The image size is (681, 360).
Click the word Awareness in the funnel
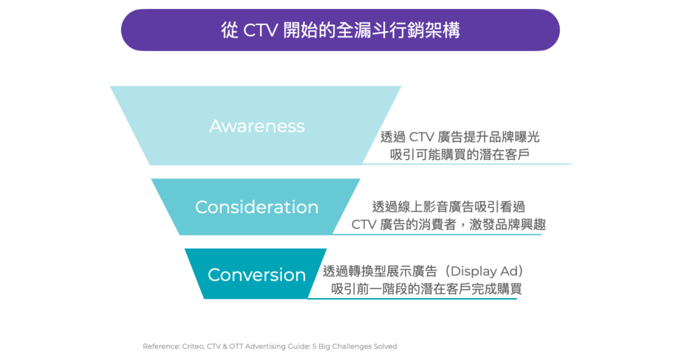pyautogui.click(x=257, y=126)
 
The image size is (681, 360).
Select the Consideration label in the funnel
pyautogui.click(x=257, y=207)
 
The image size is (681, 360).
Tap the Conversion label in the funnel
pyautogui.click(x=257, y=275)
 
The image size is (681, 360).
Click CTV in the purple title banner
pyautogui.click(x=260, y=31)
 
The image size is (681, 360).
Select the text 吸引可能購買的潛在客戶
pyautogui.click(x=460, y=154)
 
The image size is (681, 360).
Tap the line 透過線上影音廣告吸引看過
pyautogui.click(x=449, y=207)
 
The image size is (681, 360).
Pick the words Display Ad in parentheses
pyautogui.click(x=483, y=271)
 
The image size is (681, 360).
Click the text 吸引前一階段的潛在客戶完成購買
pyautogui.click(x=426, y=289)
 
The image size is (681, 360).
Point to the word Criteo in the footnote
pyautogui.click(x=193, y=346)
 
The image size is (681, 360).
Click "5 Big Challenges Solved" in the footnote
pyautogui.click(x=355, y=346)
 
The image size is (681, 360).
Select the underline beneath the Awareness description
pyautogui.click(x=466, y=164)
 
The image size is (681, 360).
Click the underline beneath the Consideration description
pyautogui.click(x=437, y=235)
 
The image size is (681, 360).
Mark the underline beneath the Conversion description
pyautogui.click(x=412, y=298)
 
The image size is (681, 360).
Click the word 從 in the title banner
pyautogui.click(x=229, y=31)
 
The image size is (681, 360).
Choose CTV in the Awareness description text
pyautogui.click(x=422, y=137)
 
